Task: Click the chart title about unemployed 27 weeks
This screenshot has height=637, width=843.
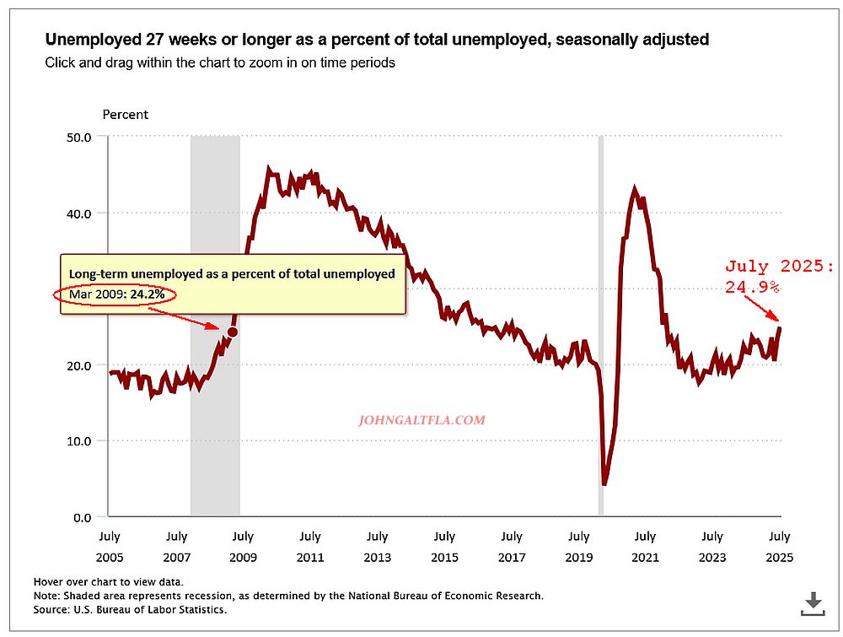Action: click(377, 39)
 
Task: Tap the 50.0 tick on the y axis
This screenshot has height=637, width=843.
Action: click(78, 136)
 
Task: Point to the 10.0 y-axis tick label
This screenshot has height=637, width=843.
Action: click(78, 440)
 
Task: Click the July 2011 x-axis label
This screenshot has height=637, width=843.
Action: click(309, 546)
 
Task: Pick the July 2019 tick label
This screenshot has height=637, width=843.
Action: click(578, 546)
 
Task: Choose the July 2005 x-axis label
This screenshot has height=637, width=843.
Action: click(109, 546)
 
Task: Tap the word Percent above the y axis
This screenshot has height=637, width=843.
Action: click(125, 114)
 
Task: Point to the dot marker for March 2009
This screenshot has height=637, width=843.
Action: click(232, 332)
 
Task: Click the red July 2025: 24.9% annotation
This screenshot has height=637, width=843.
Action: click(779, 277)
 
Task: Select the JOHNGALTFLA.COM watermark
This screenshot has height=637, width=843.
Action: click(421, 419)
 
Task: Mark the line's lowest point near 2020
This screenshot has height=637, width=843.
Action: click(604, 484)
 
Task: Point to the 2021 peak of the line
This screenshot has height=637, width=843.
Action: click(635, 190)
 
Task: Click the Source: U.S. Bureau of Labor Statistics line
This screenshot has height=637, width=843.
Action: click(130, 609)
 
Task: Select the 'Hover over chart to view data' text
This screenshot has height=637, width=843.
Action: click(108, 582)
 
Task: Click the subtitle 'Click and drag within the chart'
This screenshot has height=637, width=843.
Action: click(220, 62)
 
